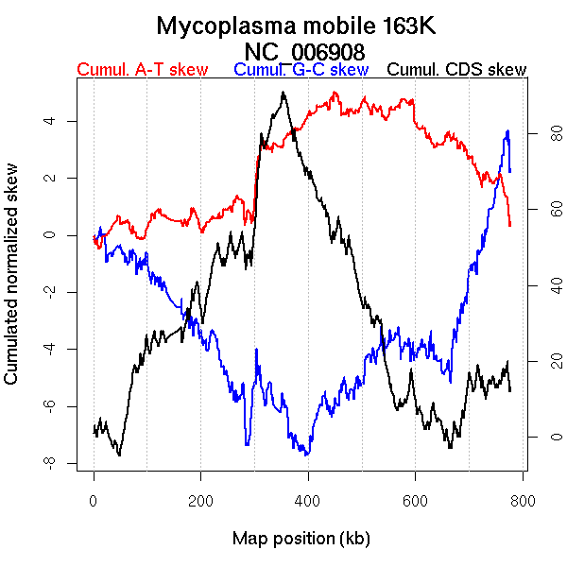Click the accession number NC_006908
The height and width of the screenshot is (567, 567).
point(304,51)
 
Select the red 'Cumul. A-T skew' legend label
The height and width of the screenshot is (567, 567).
point(143,70)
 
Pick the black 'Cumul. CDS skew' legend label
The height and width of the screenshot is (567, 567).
point(457,70)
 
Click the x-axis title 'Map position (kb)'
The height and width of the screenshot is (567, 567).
point(301,539)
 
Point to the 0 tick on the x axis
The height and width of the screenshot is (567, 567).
point(94,500)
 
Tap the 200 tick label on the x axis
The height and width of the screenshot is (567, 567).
point(201,500)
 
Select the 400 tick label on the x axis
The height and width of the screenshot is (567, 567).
point(309,500)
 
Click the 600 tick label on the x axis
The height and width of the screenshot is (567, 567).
point(416,500)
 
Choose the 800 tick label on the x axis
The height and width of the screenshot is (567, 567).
point(524,500)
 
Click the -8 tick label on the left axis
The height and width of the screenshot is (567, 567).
point(49,462)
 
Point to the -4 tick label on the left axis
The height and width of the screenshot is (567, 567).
point(49,349)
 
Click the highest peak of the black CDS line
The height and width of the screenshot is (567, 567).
point(283,93)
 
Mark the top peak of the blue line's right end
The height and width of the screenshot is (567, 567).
point(508,131)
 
